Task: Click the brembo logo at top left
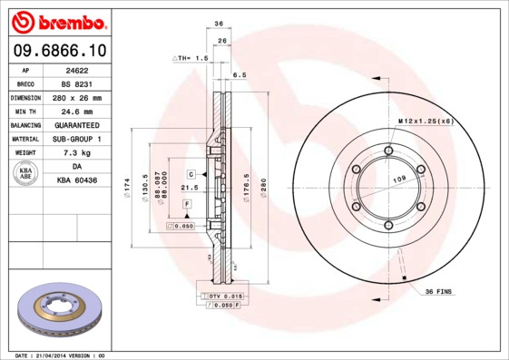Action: point(59,21)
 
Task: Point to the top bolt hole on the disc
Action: point(388,151)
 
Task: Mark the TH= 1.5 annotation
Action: point(191,57)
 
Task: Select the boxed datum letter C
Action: point(191,172)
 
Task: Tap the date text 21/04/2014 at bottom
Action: point(62,355)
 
